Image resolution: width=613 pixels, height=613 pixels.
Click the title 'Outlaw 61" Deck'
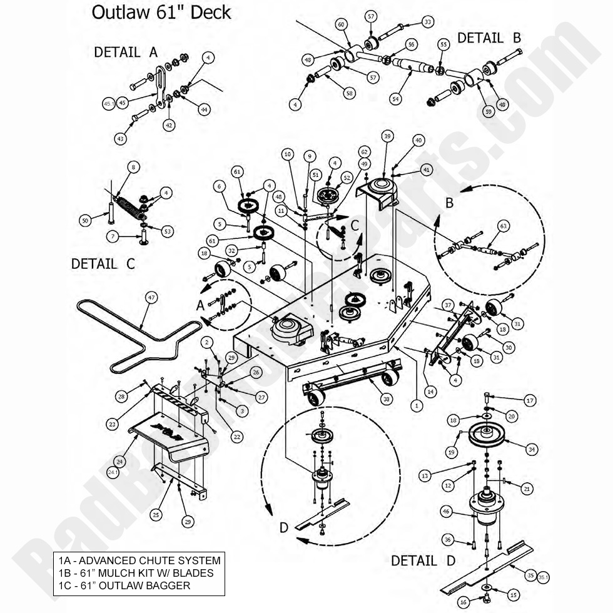coord(161,13)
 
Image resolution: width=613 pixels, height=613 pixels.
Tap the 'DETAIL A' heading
coord(126,53)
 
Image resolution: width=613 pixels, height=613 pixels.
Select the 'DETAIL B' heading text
coord(489,38)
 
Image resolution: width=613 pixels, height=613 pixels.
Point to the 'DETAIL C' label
coord(103,264)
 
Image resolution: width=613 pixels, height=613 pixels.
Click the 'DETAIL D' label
coord(423,560)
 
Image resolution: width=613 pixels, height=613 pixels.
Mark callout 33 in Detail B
coord(428,22)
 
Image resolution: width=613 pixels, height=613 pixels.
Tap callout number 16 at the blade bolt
coord(464,602)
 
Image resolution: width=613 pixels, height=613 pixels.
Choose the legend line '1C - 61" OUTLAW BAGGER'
coord(125,585)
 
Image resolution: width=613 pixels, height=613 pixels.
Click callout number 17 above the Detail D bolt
coord(530,400)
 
